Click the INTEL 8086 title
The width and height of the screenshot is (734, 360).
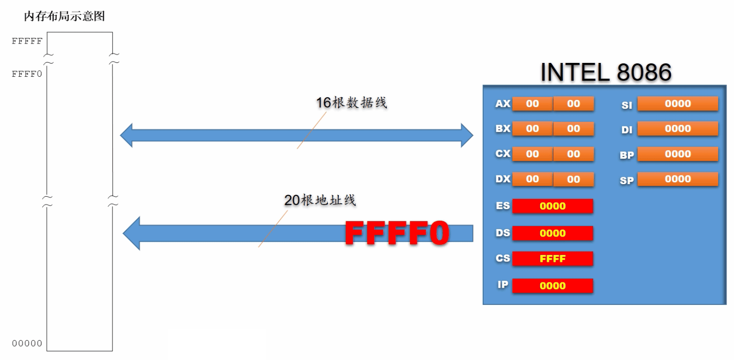coord(605,73)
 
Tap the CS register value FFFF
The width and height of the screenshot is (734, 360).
coord(553,259)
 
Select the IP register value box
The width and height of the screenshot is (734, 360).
coord(553,286)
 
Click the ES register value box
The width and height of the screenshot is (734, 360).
coord(553,206)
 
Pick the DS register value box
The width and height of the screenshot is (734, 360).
coord(553,233)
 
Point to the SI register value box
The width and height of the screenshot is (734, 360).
coord(678,104)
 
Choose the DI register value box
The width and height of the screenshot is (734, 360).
coord(678,129)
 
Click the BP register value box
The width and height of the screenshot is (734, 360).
coord(678,154)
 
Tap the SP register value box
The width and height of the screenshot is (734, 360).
coord(678,179)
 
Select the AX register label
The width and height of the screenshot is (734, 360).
coord(503,104)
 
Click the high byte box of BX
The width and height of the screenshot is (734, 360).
coord(532,129)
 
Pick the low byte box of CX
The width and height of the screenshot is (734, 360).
coord(573,154)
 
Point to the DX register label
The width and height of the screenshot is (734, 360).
coord(503,179)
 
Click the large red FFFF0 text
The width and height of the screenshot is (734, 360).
coord(397,233)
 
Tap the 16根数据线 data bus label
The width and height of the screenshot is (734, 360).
coord(351,103)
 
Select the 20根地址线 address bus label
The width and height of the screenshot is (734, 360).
coord(320,200)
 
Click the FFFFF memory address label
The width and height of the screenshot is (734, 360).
coord(27,41)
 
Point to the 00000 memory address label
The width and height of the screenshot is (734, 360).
coord(27,343)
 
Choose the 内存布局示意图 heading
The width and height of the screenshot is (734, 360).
coord(64,16)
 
